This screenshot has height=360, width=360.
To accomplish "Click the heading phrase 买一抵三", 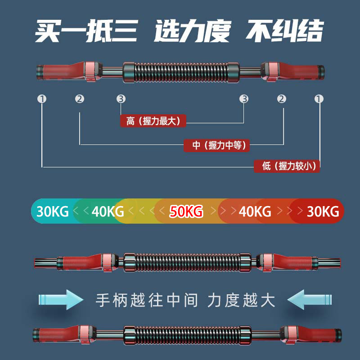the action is (x=86, y=31).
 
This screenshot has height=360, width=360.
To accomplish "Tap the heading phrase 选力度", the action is (x=192, y=31).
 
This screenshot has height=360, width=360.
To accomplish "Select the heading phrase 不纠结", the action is (x=285, y=31).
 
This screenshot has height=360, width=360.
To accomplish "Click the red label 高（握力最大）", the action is (x=153, y=121).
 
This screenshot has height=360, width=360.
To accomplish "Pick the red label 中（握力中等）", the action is (x=217, y=145).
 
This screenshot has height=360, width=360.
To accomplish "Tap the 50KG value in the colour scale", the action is (x=186, y=211).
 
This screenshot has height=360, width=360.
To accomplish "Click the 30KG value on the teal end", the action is (x=53, y=211).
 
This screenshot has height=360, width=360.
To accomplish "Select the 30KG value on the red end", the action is (x=323, y=211).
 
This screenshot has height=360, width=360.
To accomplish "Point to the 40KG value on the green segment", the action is (x=108, y=211).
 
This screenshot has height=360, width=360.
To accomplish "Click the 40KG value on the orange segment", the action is (x=255, y=211).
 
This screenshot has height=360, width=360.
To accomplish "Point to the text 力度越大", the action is (x=241, y=300).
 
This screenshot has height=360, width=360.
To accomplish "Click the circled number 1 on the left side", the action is (x=42, y=99).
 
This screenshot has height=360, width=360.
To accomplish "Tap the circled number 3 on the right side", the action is (x=244, y=99).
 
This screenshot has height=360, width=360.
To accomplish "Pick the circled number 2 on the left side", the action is (x=80, y=99).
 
